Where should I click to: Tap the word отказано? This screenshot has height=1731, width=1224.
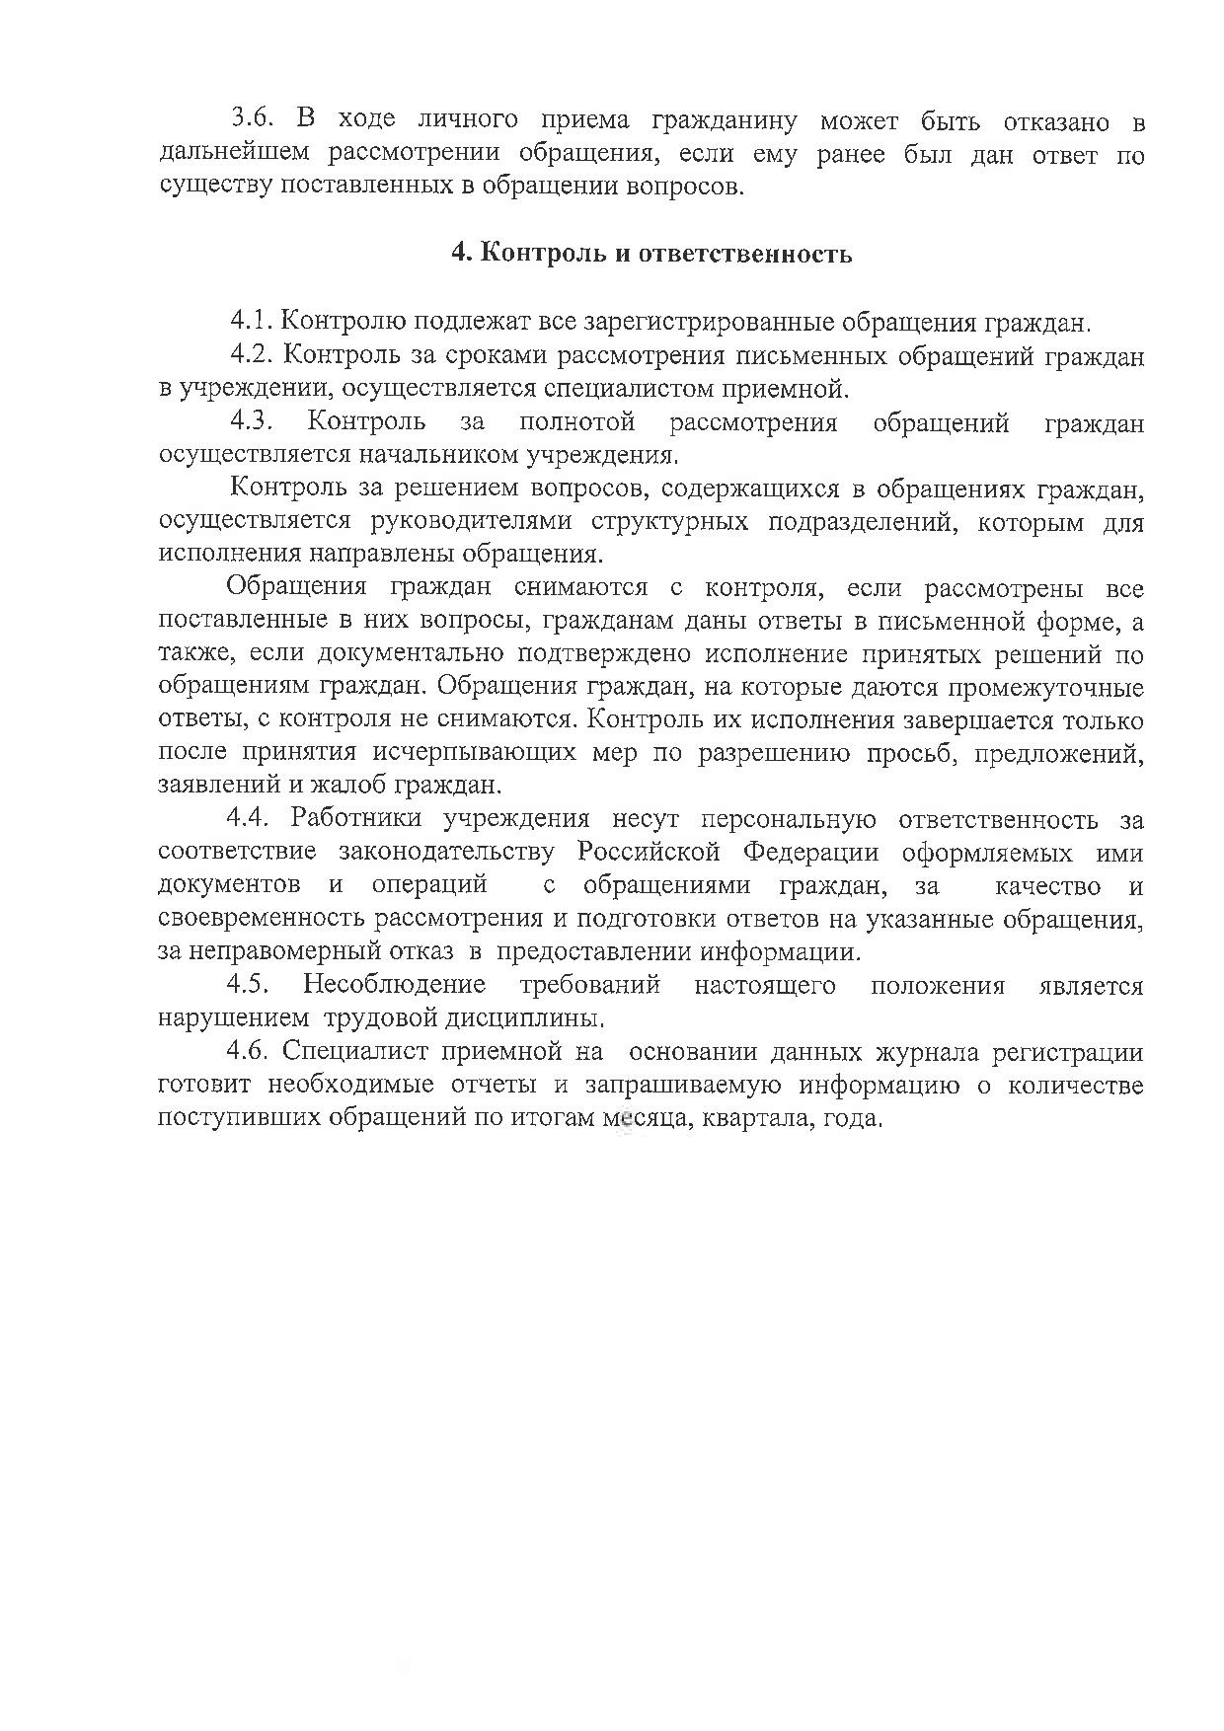pyautogui.click(x=1055, y=122)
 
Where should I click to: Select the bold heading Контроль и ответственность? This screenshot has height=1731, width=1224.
pyautogui.click(x=651, y=254)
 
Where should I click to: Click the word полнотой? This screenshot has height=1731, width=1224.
pyautogui.click(x=576, y=423)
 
